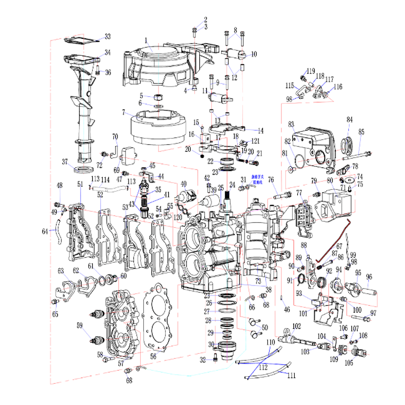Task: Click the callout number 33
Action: pyautogui.click(x=107, y=36)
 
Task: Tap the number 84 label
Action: pyautogui.click(x=349, y=119)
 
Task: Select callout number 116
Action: pyautogui.click(x=338, y=87)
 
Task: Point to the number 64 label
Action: pyautogui.click(x=45, y=231)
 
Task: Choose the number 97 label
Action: pyautogui.click(x=374, y=313)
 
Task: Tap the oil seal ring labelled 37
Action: pyautogui.click(x=81, y=168)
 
